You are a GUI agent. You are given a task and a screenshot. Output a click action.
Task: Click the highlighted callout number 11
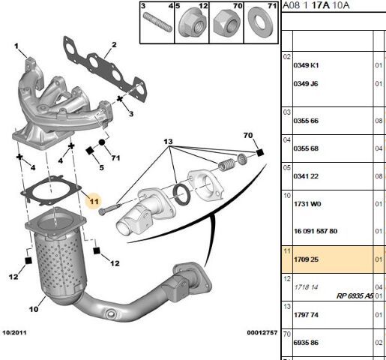[94, 201]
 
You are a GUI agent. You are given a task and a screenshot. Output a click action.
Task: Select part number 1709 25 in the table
[306, 259]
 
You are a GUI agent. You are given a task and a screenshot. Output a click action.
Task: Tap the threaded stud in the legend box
[157, 22]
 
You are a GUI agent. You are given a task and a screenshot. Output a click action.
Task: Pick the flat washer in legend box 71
[260, 22]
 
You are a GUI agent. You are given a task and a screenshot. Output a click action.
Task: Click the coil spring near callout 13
[226, 164]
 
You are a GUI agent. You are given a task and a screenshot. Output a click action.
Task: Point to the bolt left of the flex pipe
[109, 209]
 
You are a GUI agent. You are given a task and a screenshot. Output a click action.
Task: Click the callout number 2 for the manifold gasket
[114, 45]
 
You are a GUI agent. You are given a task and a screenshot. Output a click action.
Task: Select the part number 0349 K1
[306, 65]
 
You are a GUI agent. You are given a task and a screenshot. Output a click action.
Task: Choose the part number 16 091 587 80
[316, 231]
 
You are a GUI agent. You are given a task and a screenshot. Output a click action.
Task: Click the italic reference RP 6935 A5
[355, 296]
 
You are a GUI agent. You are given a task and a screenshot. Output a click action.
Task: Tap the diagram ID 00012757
[262, 332]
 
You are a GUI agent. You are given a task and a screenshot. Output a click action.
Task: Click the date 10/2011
[14, 332]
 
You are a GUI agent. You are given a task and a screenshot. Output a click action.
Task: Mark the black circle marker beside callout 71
[102, 142]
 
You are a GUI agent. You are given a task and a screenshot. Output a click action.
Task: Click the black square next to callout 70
[260, 153]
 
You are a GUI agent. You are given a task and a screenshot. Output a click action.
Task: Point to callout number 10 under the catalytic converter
[34, 309]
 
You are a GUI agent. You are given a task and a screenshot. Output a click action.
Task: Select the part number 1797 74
[306, 315]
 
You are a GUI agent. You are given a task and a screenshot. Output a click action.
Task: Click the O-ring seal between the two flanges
[181, 194]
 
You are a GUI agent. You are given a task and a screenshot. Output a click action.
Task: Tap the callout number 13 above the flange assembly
[168, 142]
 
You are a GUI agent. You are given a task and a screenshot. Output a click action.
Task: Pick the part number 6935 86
[306, 343]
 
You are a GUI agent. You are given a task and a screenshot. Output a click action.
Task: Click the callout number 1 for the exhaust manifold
[16, 46]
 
